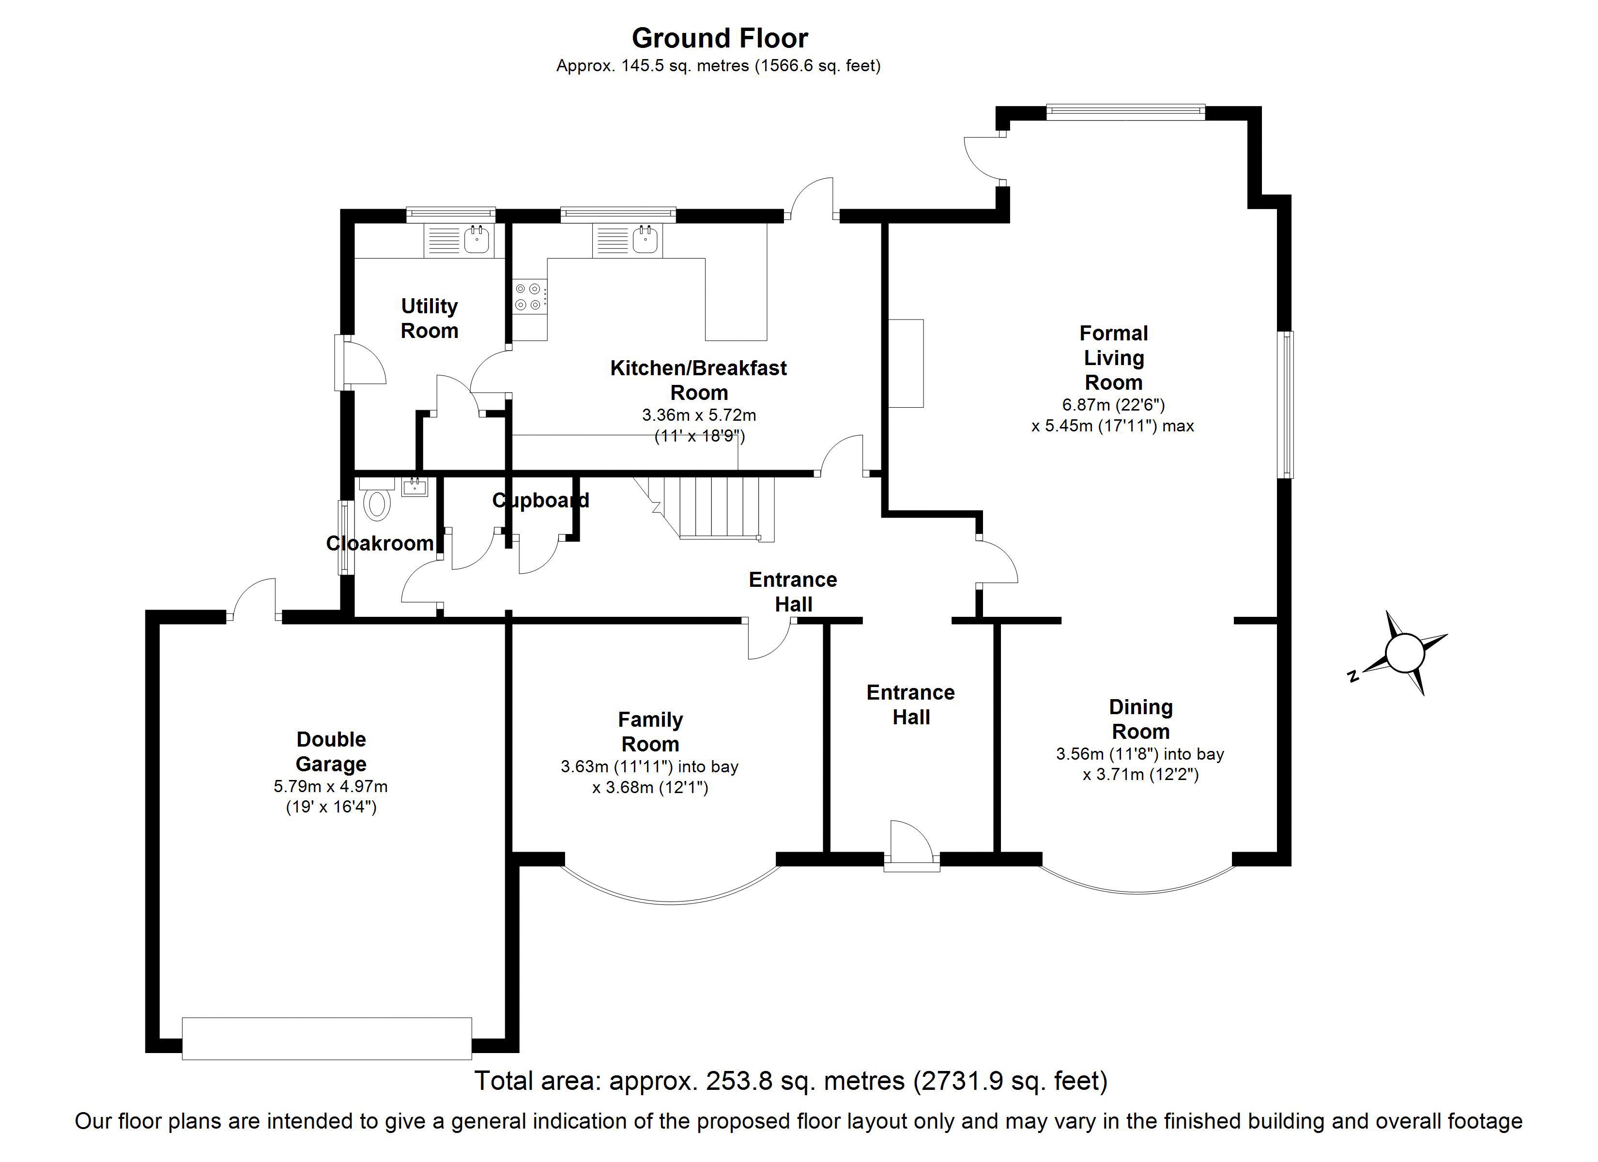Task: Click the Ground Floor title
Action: coord(720,38)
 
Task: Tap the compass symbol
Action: coord(1404,653)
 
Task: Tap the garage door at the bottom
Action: coord(327,1038)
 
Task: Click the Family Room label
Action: coord(650,732)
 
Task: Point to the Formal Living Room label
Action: coord(1113,357)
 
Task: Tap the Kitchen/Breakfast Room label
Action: coord(698,380)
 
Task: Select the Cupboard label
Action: coord(540,500)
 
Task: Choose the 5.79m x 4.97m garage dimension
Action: coord(330,786)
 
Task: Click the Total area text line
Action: coord(791,1080)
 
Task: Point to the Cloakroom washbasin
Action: coord(415,486)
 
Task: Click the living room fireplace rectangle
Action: coord(906,363)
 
